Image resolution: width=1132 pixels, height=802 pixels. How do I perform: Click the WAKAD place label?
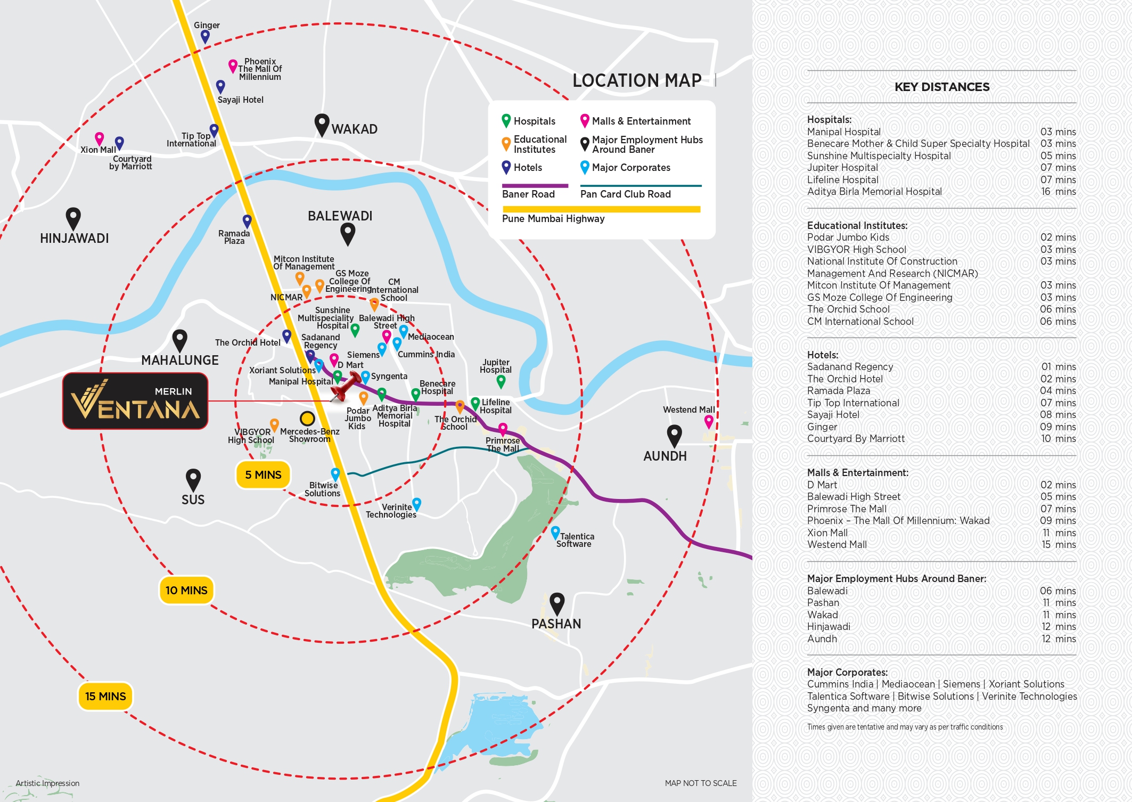click(354, 129)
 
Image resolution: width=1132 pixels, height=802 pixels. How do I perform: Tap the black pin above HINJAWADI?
click(73, 218)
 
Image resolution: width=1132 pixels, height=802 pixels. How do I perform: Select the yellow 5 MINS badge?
click(263, 474)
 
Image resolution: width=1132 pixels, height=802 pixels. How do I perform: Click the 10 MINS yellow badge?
click(186, 590)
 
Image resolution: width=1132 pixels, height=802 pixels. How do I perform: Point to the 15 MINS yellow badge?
click(105, 696)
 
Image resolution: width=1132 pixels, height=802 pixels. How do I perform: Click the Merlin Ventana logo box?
click(135, 401)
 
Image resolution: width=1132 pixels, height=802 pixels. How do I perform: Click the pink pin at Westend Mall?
click(709, 421)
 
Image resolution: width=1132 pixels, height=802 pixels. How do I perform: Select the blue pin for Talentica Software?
click(555, 532)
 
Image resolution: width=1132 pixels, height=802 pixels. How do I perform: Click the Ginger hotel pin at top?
click(205, 36)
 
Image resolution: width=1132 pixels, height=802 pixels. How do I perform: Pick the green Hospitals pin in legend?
click(506, 120)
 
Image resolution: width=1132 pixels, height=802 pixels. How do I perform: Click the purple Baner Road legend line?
click(535, 186)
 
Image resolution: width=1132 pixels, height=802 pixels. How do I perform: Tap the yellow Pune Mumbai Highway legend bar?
click(601, 209)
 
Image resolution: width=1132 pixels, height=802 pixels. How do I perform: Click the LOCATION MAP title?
click(637, 80)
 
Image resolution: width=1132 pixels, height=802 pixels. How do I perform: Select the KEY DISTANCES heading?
click(941, 87)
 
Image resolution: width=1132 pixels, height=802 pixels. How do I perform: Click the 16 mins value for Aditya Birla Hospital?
click(1057, 192)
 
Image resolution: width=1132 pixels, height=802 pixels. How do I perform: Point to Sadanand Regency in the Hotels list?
click(850, 367)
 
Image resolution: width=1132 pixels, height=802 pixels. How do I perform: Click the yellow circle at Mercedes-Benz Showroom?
click(307, 418)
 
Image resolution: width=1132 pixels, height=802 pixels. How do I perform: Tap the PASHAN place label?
click(556, 624)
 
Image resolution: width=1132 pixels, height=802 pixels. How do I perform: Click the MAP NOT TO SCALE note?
click(700, 783)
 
